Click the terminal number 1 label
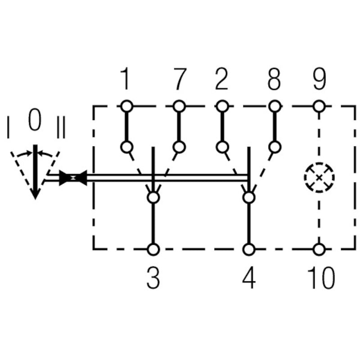click(125, 80)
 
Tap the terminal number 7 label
click(179, 80)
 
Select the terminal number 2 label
click(221, 80)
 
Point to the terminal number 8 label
click(274, 80)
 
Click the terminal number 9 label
click(319, 80)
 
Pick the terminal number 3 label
click(153, 279)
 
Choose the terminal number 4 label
click(248, 279)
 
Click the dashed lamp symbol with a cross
click(319, 177)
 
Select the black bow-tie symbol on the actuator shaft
click(72, 178)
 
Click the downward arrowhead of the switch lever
click(35, 193)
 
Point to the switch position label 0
click(35, 120)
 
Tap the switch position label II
click(61, 127)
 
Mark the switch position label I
click(8, 127)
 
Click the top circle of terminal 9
click(319, 106)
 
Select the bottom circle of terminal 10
click(319, 249)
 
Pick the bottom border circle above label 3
click(153, 249)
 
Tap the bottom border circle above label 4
click(248, 249)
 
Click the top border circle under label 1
click(126, 106)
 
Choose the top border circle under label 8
click(275, 106)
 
